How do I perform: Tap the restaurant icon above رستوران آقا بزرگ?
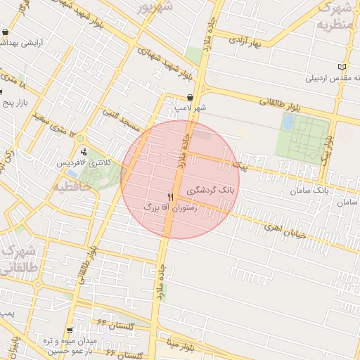pos(170,198)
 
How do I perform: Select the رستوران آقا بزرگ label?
pos(171,208)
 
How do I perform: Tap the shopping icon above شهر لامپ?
pos(191,98)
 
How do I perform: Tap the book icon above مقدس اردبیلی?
pos(342,67)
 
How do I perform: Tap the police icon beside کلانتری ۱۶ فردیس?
pos(84,151)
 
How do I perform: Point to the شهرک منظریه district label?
pos(335,16)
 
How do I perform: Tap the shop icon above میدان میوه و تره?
pos(13,344)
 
